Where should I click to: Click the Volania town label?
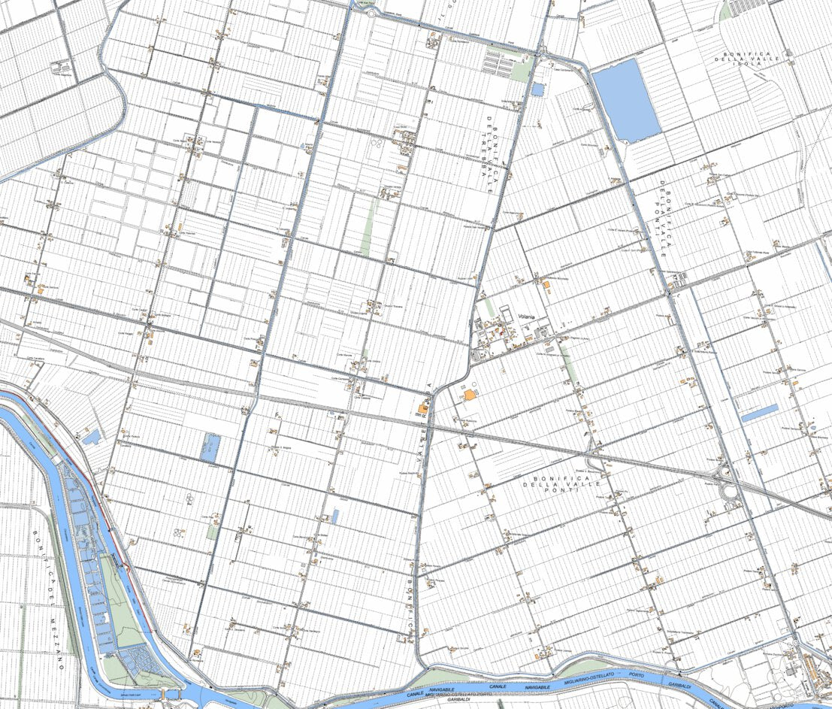(526, 317)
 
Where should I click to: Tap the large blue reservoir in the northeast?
(626, 100)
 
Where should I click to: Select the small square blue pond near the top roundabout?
(537, 89)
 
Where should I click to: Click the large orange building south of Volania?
(469, 394)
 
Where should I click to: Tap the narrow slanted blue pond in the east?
(759, 412)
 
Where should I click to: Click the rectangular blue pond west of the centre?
(210, 447)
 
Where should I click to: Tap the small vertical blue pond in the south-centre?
(335, 516)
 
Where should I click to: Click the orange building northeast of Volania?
(546, 283)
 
